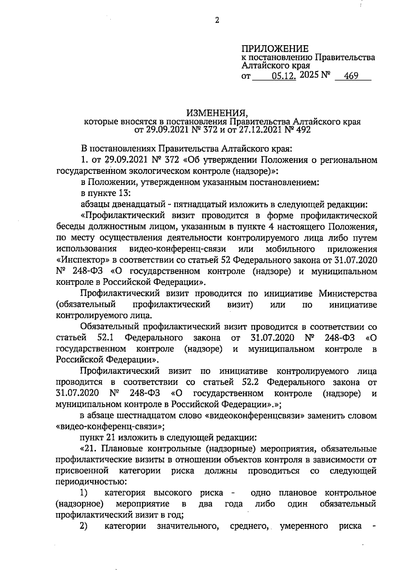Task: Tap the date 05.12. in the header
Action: (284, 77)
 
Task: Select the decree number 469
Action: (351, 77)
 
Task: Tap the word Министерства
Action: (347, 293)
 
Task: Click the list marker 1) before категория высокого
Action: (84, 493)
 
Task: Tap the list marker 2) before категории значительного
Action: (84, 526)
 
